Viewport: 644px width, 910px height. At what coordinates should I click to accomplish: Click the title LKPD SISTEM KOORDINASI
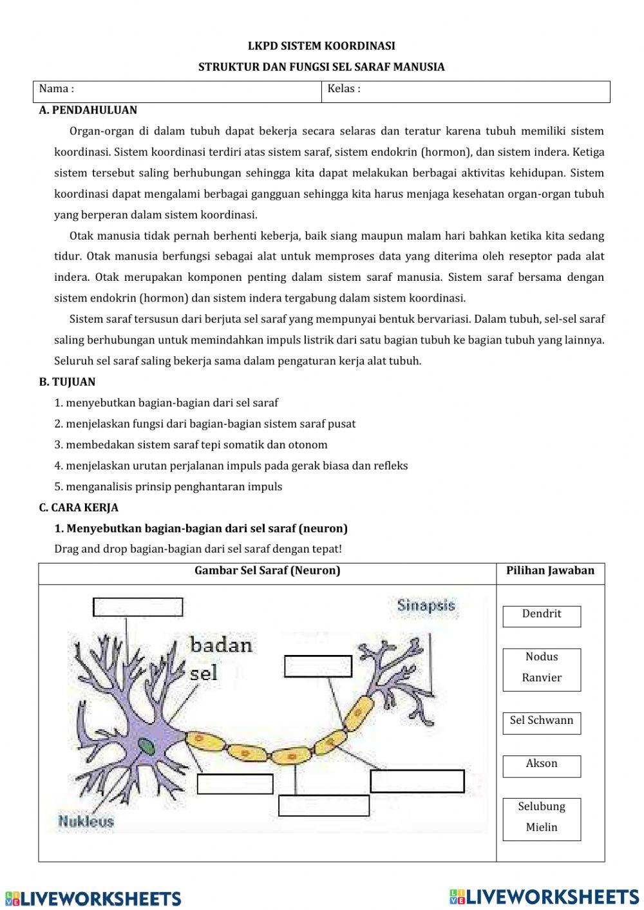point(321,46)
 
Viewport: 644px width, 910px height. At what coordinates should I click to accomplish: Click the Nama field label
point(57,89)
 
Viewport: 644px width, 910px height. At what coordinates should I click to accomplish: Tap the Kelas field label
point(344,89)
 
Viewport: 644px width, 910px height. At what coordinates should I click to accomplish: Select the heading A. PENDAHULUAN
point(88,110)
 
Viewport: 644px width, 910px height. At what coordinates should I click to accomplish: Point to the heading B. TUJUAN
point(67,382)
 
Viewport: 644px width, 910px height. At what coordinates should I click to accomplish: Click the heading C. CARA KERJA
point(79,507)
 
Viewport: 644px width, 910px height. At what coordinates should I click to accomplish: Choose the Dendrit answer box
point(542,616)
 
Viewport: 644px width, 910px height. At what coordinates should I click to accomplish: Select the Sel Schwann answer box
point(542,723)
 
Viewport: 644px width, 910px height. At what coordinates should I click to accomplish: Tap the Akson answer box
point(542,765)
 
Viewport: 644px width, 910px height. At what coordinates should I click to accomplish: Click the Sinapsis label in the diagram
point(426,605)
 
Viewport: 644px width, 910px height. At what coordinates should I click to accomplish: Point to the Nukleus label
point(86,821)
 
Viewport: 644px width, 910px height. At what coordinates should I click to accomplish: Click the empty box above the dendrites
point(138,607)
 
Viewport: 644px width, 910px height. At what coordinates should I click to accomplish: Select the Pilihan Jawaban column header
point(550,571)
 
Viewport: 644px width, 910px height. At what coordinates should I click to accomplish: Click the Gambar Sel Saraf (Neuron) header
point(267,571)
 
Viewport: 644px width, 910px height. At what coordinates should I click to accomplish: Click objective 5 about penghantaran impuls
point(168,487)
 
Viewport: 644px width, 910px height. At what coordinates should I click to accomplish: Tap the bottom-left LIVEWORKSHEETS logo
point(93,898)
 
